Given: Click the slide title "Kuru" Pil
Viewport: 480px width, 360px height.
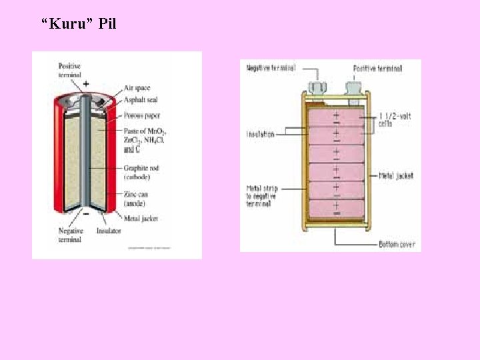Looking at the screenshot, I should (79, 25).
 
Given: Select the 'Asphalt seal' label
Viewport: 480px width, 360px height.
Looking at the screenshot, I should (140, 100).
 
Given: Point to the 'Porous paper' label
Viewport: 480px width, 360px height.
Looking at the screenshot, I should (141, 115).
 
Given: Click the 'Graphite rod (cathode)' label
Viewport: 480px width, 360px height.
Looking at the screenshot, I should (141, 172).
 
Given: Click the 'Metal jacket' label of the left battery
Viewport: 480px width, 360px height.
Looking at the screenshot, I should (140, 218).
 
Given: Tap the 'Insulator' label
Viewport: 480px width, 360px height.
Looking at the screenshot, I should (108, 231).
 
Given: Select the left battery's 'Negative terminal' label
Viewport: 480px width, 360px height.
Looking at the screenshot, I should (69, 235).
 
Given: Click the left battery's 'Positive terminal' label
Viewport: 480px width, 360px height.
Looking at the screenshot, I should (69, 70).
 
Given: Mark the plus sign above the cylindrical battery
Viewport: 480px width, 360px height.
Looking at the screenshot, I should (85, 84).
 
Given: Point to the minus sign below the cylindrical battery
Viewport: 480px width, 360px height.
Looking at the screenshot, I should (86, 214).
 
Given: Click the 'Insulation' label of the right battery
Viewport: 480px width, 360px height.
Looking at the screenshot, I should (260, 134).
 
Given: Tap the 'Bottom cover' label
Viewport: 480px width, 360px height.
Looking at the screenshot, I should (397, 245).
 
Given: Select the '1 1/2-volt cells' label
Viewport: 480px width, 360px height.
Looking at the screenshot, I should (395, 119).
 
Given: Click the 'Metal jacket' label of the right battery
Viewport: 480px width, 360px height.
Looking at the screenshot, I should (396, 176).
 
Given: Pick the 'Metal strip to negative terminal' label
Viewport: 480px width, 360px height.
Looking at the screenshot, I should (261, 196).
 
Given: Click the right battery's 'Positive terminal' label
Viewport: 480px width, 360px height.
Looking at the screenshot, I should (377, 69).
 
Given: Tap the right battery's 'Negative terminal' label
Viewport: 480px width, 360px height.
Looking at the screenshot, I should (271, 68).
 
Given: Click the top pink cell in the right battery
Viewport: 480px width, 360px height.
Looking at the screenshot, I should (335, 116).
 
